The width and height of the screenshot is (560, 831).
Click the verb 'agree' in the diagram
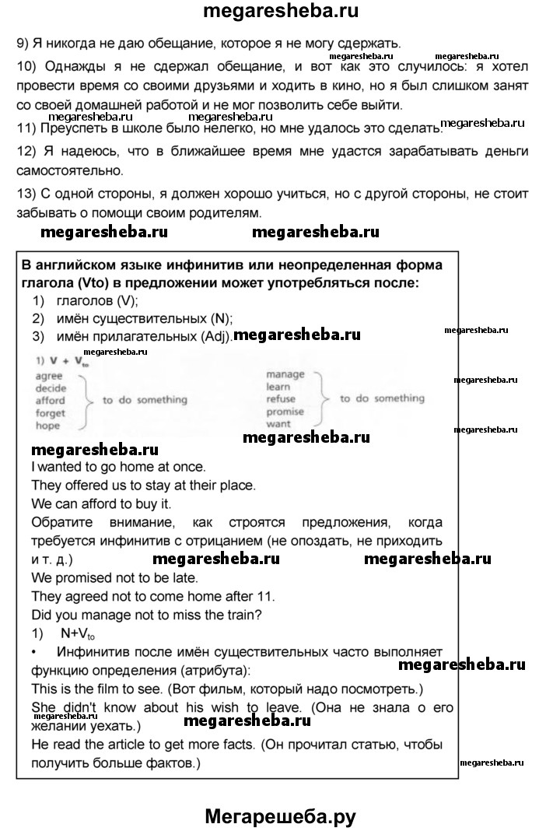[x=48, y=375]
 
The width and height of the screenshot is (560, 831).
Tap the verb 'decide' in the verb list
[x=51, y=387]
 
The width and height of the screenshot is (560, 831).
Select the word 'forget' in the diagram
[x=51, y=413]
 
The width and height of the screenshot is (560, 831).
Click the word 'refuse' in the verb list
[x=281, y=399]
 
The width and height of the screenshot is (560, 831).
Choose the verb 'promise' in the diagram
[x=285, y=412]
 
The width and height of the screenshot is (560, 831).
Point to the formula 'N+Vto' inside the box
[x=79, y=633]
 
